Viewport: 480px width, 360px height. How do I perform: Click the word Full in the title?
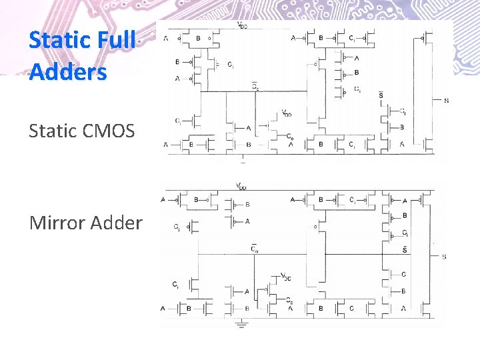point(116,40)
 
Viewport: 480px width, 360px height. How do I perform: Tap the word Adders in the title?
point(67,71)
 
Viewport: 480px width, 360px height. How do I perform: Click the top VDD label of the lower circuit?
point(241,185)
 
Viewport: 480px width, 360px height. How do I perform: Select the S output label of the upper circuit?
point(445,101)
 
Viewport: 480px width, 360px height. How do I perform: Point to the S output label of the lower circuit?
point(444,257)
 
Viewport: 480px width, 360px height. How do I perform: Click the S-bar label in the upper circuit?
point(381,96)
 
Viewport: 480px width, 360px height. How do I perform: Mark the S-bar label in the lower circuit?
point(405,250)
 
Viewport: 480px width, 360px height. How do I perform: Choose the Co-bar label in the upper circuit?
point(255,86)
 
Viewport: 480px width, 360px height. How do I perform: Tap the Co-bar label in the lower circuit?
point(254,249)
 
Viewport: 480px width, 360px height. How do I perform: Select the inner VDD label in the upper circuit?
point(286,114)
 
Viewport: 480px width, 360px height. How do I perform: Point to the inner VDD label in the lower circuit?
point(285,277)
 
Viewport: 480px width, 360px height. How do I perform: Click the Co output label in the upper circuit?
point(290,137)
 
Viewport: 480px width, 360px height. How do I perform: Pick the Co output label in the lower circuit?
point(290,302)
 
